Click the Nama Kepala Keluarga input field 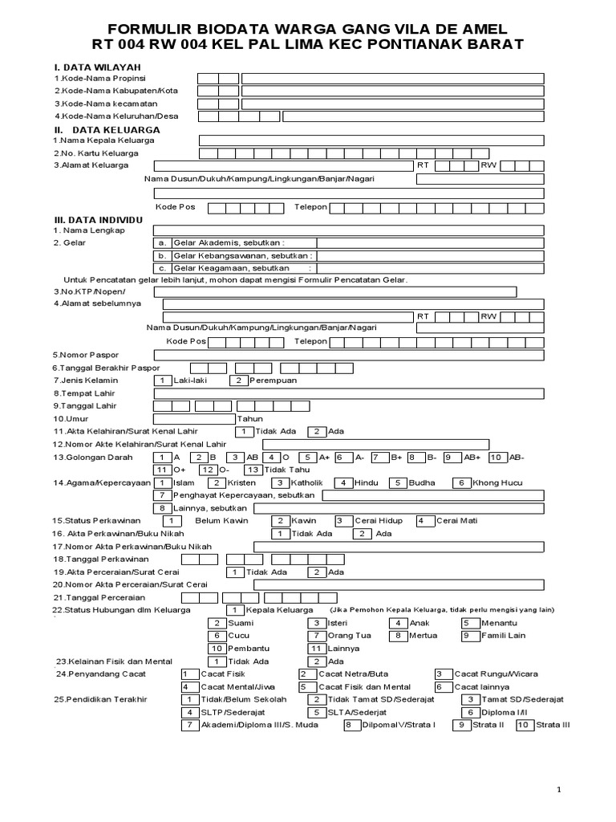[x=371, y=140]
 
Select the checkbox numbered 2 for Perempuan [x=238, y=380]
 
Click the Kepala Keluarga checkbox [x=237, y=610]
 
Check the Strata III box [x=524, y=725]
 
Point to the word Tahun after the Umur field [x=249, y=419]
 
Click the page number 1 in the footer [x=559, y=791]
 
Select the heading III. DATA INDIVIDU [x=98, y=218]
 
